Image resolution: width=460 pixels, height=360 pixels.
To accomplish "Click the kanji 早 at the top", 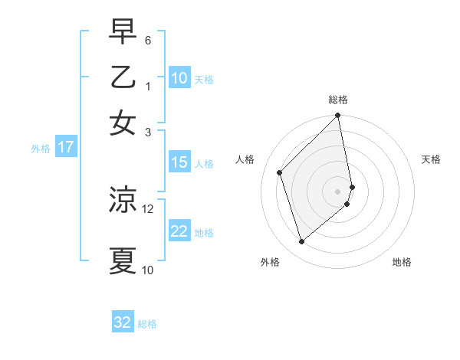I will click(x=123, y=31).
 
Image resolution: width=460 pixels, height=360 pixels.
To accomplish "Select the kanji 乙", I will click(x=123, y=77).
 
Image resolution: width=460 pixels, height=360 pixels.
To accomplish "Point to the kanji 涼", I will click(x=123, y=200).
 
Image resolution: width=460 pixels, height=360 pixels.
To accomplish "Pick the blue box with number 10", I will click(x=179, y=78).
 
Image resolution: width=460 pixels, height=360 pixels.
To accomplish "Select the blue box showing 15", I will click(x=179, y=162).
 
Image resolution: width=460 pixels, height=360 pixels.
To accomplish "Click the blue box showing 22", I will click(x=179, y=231).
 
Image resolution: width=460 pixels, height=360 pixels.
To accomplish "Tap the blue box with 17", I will click(x=66, y=147).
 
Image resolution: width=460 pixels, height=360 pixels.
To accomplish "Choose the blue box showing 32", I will click(x=123, y=322).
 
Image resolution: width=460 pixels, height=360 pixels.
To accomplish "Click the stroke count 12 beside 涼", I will click(x=148, y=208).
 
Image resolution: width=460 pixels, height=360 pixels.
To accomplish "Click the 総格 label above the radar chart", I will click(x=338, y=100).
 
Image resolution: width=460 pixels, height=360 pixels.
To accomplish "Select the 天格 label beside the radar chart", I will click(x=432, y=159).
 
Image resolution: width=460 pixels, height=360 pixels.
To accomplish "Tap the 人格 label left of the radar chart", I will click(x=245, y=159).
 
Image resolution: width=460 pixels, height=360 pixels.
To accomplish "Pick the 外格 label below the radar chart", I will click(x=270, y=263).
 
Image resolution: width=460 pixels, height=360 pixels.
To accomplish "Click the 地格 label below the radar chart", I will click(x=402, y=263).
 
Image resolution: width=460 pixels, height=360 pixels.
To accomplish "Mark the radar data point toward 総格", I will click(x=338, y=116).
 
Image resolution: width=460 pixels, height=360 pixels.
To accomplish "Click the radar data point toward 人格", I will click(x=280, y=172).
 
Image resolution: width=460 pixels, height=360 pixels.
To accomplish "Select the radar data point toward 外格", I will click(x=302, y=242).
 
